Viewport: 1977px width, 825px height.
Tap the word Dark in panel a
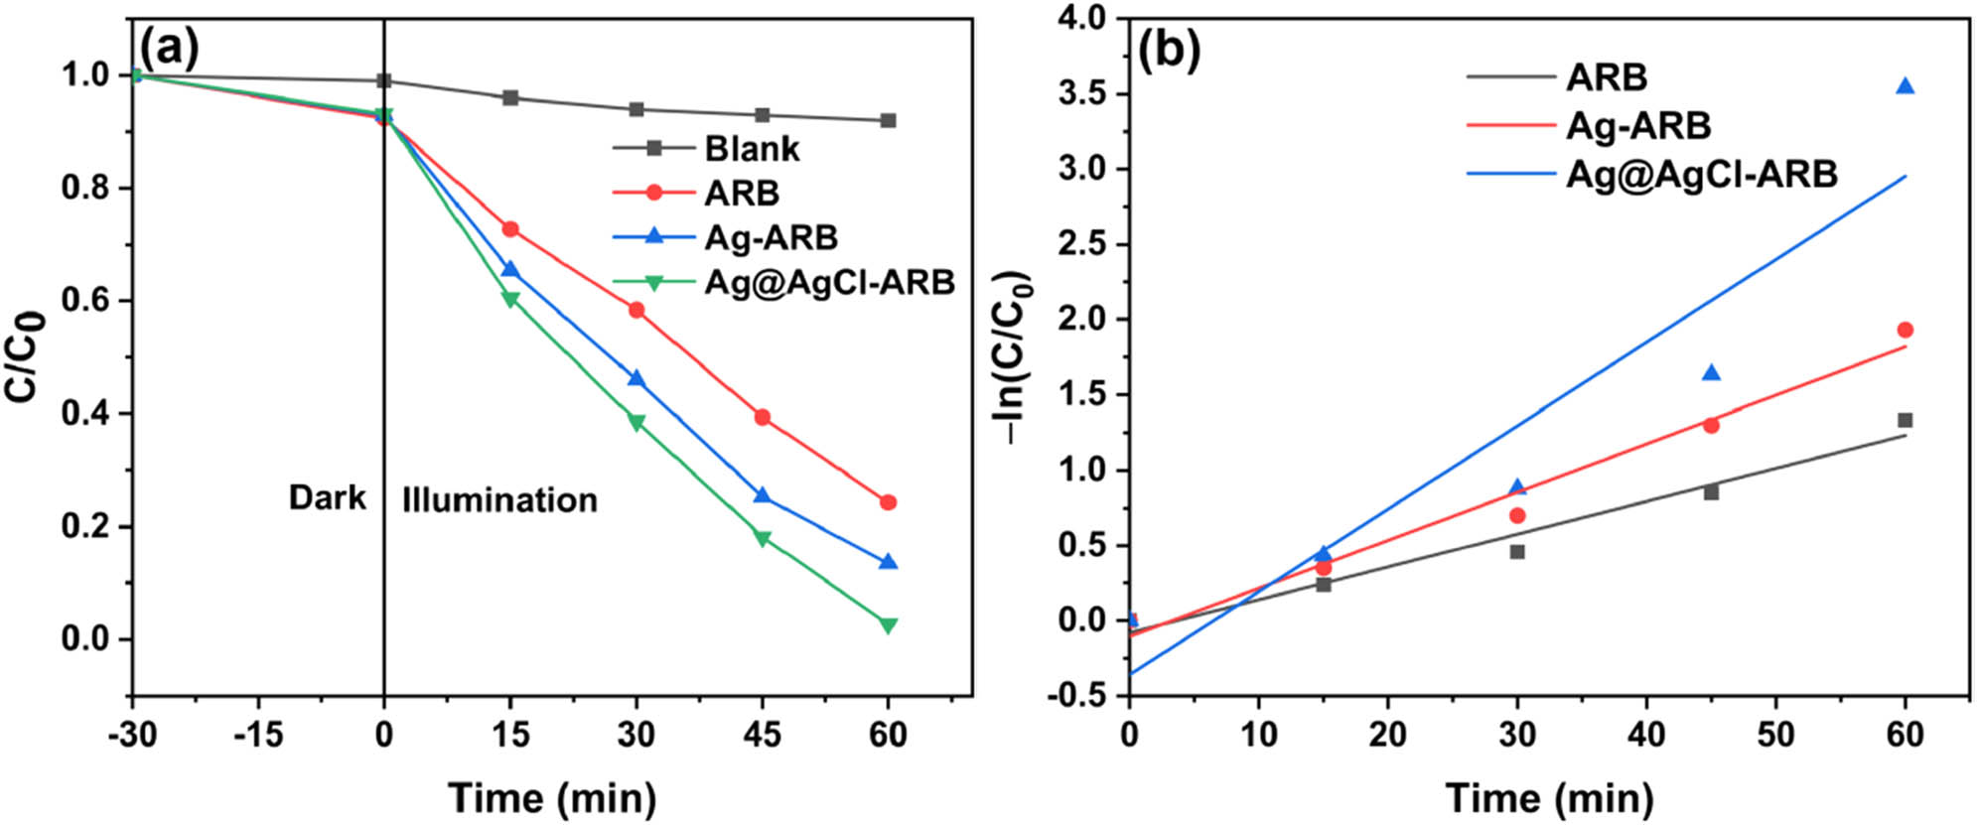(327, 497)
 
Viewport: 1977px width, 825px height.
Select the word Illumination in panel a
(499, 499)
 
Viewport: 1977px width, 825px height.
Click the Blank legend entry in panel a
(751, 149)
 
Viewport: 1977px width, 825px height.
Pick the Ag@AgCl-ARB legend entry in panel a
(828, 283)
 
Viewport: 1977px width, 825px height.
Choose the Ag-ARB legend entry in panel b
(1637, 126)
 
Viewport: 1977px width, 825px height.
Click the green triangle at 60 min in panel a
(888, 624)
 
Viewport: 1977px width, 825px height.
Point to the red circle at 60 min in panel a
(888, 502)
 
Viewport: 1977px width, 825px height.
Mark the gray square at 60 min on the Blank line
(888, 120)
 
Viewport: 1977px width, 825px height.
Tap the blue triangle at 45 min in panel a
(762, 495)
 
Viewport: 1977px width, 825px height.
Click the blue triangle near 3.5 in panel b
(1905, 86)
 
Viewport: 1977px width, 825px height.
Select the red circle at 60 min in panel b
(1905, 330)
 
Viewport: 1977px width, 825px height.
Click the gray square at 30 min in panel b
(1516, 551)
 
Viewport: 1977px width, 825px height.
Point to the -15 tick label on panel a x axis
(257, 735)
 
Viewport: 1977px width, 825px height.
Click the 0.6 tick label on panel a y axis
(85, 301)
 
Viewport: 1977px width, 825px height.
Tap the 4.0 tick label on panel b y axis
(1082, 19)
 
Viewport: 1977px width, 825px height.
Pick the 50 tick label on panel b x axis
(1774, 735)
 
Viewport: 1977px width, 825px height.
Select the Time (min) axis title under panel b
(1549, 797)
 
